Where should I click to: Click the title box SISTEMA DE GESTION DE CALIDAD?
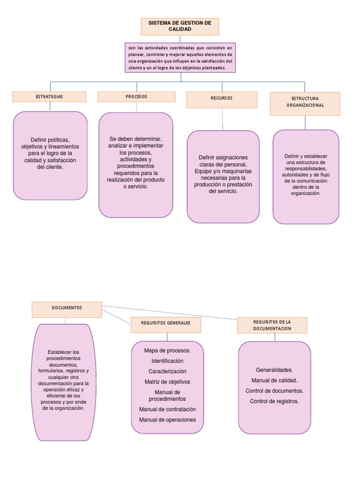point(180,27)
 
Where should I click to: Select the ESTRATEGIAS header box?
point(49,97)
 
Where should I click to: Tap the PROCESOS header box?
point(136,97)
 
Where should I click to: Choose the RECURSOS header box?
point(222,99)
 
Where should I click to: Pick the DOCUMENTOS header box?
point(67,309)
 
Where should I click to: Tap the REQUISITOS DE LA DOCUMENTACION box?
point(272,325)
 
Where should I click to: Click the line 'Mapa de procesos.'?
point(167,350)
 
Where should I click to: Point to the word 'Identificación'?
point(167,361)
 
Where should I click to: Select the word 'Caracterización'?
point(167,371)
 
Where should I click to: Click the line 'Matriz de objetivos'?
point(167,382)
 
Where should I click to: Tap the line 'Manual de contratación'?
point(167,409)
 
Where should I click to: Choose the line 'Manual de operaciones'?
point(167,420)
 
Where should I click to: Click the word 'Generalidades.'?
point(274,370)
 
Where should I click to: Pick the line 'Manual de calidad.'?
point(274,380)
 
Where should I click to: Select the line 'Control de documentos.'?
point(274,390)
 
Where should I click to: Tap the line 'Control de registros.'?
point(274,401)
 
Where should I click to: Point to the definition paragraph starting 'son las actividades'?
point(180,58)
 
